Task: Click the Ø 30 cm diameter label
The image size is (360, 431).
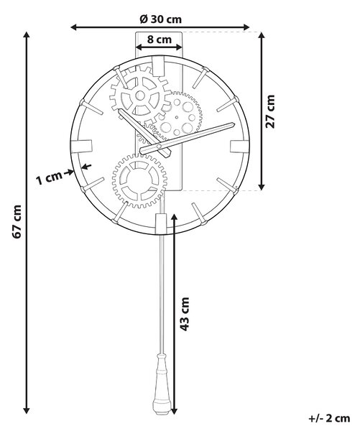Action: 161,19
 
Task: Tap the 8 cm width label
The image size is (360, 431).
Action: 160,40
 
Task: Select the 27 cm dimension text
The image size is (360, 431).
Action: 270,111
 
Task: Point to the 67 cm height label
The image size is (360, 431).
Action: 17,221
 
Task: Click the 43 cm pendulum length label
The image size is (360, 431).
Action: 185,314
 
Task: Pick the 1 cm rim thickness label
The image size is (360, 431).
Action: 49,178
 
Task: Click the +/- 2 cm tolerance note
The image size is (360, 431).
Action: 330,418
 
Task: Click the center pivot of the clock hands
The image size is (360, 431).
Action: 159,147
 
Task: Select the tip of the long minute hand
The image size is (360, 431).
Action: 234,124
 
